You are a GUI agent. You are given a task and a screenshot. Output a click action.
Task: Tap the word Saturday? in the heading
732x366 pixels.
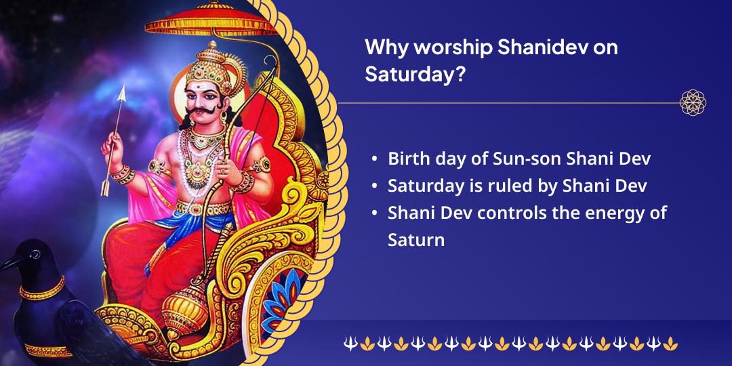(415, 75)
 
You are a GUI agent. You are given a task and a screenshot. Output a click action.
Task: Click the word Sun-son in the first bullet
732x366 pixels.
(527, 159)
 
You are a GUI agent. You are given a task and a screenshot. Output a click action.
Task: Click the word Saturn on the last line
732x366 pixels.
(416, 241)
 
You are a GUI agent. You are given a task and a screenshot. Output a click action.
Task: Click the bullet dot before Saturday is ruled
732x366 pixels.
(374, 186)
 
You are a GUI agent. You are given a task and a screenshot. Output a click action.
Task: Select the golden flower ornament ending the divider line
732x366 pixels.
(693, 102)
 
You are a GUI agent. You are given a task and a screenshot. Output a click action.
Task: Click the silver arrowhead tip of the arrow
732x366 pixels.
(122, 93)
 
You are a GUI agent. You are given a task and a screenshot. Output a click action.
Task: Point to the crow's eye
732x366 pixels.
(35, 254)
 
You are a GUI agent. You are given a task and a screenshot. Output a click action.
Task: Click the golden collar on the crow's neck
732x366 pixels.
(42, 289)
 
